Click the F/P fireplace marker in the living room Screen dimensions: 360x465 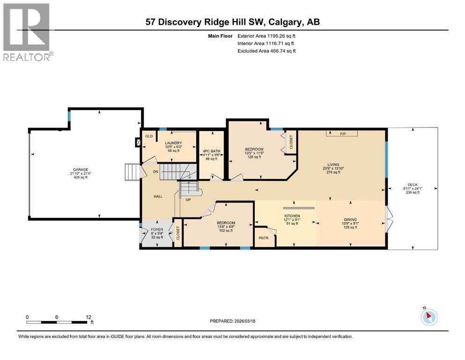tap(342, 134)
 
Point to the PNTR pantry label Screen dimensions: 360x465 tap(263, 238)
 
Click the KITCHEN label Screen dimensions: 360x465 tap(292, 216)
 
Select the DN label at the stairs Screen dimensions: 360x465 tap(155, 172)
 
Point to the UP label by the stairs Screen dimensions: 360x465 tap(188, 200)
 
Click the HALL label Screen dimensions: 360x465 tap(158, 196)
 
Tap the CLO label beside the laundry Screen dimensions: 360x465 tap(149, 136)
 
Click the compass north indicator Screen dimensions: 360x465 tap(429, 317)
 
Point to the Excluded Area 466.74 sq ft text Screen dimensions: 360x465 tap(267, 51)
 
